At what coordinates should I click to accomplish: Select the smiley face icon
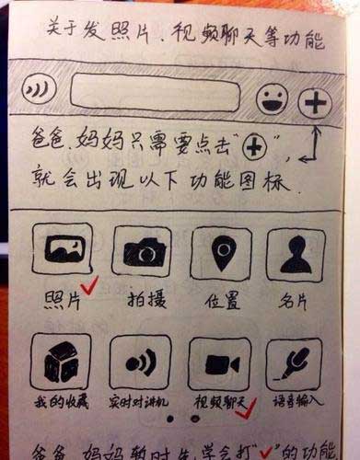(x=272, y=98)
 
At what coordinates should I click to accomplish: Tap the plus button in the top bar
(x=316, y=102)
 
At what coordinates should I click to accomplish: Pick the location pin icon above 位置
(x=221, y=251)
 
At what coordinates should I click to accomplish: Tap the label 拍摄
(x=143, y=299)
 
